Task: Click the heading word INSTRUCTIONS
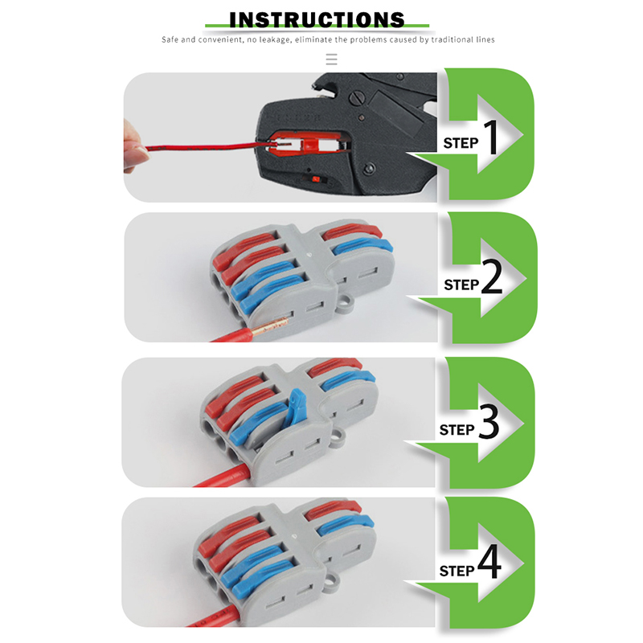tap(317, 19)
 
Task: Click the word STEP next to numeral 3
tap(457, 430)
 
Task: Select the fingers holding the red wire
tap(139, 149)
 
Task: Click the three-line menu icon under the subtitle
tap(331, 59)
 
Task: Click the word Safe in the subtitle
tap(170, 39)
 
